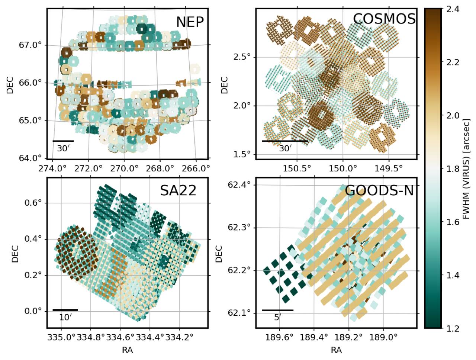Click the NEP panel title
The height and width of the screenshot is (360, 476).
tap(190, 22)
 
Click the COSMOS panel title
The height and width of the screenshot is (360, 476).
tap(384, 19)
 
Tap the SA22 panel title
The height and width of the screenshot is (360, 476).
tap(178, 191)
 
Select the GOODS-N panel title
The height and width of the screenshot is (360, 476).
tap(379, 191)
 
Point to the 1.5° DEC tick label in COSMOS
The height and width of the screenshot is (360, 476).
tap(243, 154)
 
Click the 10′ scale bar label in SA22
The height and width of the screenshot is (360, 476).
tap(65, 317)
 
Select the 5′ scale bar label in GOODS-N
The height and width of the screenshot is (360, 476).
tap(277, 317)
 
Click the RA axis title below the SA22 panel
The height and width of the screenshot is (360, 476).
tap(128, 350)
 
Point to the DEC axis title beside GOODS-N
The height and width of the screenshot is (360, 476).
tap(219, 254)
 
